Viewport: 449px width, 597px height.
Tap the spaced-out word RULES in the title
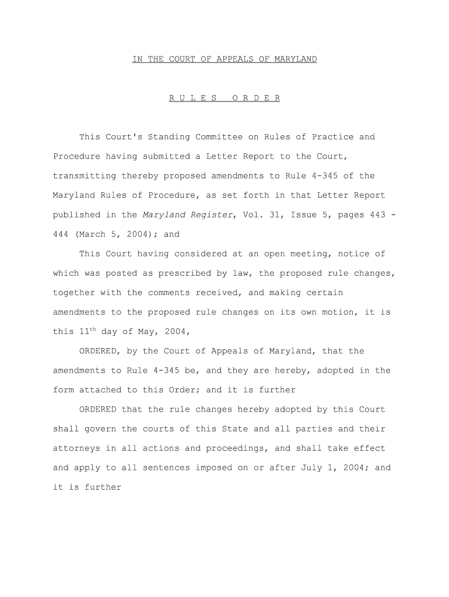coord(193,98)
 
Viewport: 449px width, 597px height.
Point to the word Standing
coord(169,137)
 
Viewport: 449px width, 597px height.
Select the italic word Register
coord(212,215)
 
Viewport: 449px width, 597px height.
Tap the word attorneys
coord(76,448)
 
